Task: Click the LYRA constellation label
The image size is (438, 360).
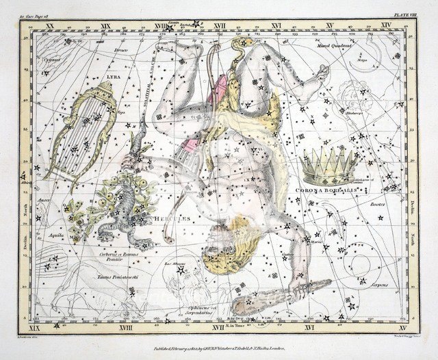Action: [109, 77]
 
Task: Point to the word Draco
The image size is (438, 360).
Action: [120, 50]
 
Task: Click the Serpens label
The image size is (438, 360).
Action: [380, 284]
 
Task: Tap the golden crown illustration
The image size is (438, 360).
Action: [331, 164]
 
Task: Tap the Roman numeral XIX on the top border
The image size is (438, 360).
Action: [105, 25]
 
